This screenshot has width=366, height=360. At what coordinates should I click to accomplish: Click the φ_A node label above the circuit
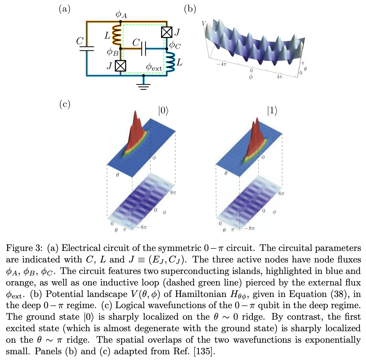(x=121, y=15)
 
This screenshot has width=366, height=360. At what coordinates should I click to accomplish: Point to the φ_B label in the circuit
(x=112, y=53)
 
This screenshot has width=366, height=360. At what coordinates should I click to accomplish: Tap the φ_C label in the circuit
(x=175, y=45)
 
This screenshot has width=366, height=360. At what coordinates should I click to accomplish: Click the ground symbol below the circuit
(x=144, y=86)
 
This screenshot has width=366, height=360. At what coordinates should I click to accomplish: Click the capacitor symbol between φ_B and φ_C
(x=143, y=48)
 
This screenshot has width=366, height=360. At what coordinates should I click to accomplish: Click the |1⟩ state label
(x=272, y=112)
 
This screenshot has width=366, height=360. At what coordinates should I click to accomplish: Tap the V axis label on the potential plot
(x=204, y=23)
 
